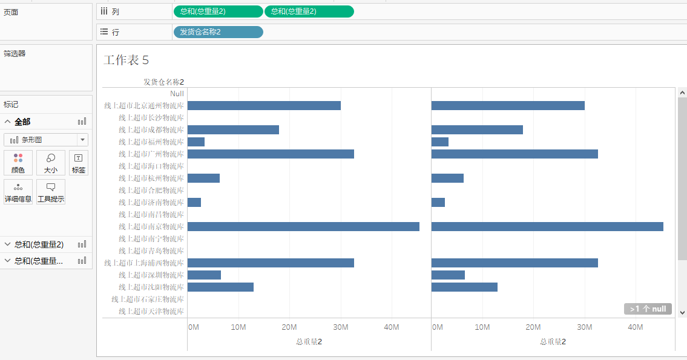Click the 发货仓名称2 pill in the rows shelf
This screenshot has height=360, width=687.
click(218, 32)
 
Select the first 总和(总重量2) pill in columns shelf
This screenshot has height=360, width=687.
click(218, 11)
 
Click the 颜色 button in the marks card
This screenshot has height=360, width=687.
click(18, 163)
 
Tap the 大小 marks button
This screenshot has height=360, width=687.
click(51, 163)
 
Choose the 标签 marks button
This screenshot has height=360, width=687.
click(79, 163)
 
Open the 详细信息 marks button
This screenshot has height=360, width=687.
click(18, 192)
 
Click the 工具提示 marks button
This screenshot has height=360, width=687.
click(51, 192)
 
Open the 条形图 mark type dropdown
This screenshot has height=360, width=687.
click(46, 140)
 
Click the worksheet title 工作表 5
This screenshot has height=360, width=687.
click(126, 60)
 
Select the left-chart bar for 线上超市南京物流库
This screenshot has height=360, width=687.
click(303, 226)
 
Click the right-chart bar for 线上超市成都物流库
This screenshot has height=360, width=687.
click(476, 129)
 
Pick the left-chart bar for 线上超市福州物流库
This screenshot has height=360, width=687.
click(196, 142)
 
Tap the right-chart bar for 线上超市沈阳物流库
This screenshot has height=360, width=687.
click(464, 287)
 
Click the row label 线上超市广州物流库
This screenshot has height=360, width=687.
click(151, 154)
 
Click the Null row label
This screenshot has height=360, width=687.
click(177, 93)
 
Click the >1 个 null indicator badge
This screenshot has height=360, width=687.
click(648, 309)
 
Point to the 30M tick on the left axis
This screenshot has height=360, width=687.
click(340, 327)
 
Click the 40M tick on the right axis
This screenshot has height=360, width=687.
click(635, 327)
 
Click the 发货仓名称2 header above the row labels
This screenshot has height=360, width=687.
click(163, 82)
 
